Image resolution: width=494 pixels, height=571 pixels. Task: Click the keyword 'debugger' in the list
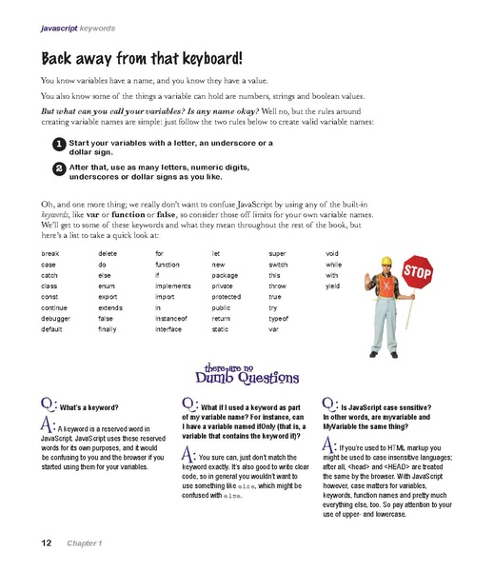58,318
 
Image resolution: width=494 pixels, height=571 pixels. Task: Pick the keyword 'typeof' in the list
280,318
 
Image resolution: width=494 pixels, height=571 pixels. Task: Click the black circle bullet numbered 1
59,144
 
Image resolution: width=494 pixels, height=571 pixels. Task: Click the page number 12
46,542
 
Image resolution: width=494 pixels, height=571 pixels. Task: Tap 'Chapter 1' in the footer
84,542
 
